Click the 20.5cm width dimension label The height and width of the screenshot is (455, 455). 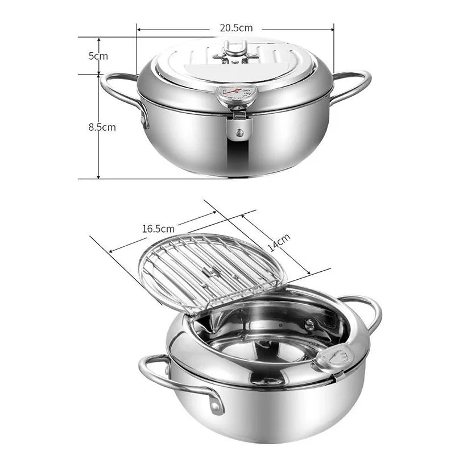[x=236, y=27]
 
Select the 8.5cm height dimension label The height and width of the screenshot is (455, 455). [x=102, y=127]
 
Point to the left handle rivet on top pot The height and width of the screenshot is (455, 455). [x=142, y=119]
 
